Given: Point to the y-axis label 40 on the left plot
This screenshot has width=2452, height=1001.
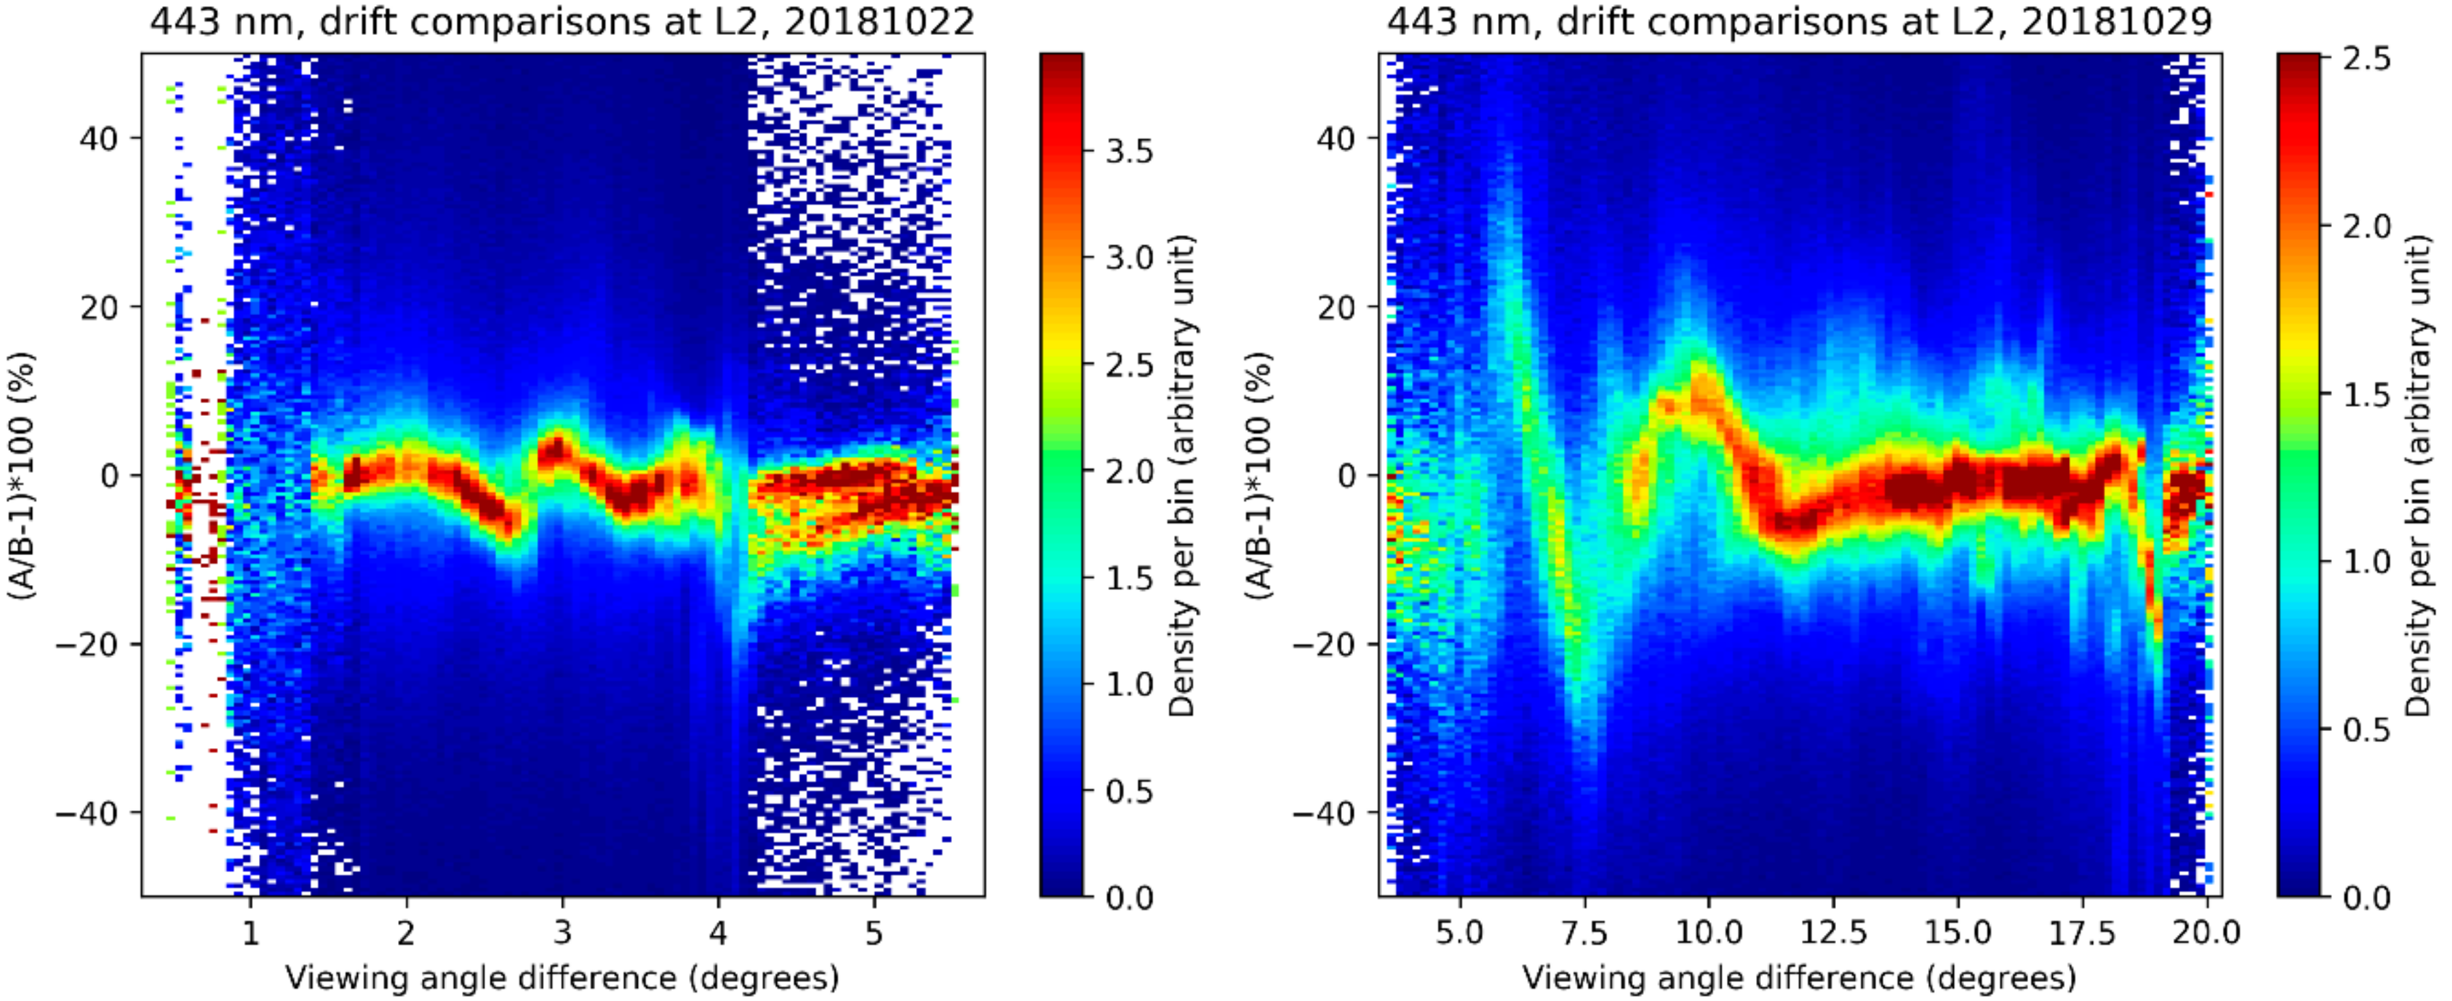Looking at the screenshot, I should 98,139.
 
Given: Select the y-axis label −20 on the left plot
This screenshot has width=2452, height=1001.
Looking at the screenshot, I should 86,645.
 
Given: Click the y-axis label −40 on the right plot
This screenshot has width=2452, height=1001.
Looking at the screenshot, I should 1323,813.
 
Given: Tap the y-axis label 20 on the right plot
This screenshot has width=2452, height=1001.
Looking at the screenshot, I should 1336,308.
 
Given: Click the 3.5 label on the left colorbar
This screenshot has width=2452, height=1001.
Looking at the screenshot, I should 1129,151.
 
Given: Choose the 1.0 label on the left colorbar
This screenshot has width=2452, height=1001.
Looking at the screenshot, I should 1129,684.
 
